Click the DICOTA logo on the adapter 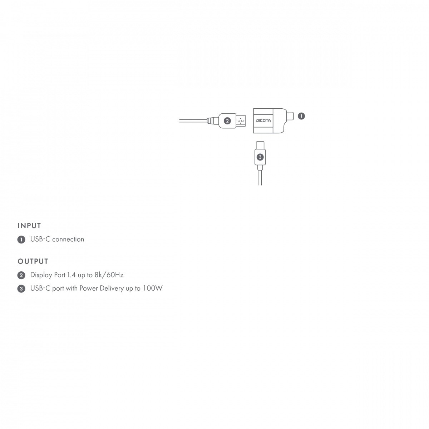click(263, 120)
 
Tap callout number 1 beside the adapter click(301, 116)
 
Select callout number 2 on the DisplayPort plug click(227, 121)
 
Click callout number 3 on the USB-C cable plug click(260, 157)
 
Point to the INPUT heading click(29, 226)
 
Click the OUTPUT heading click(33, 261)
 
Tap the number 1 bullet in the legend click(21, 240)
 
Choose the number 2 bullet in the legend click(21, 275)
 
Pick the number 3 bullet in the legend click(21, 289)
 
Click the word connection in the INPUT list click(68, 239)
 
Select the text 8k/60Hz click(109, 275)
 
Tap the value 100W click(153, 288)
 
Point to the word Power click(89, 288)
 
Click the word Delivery click(112, 289)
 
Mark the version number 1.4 click(71, 275)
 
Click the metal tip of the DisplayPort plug click(241, 121)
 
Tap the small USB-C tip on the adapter click(290, 116)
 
